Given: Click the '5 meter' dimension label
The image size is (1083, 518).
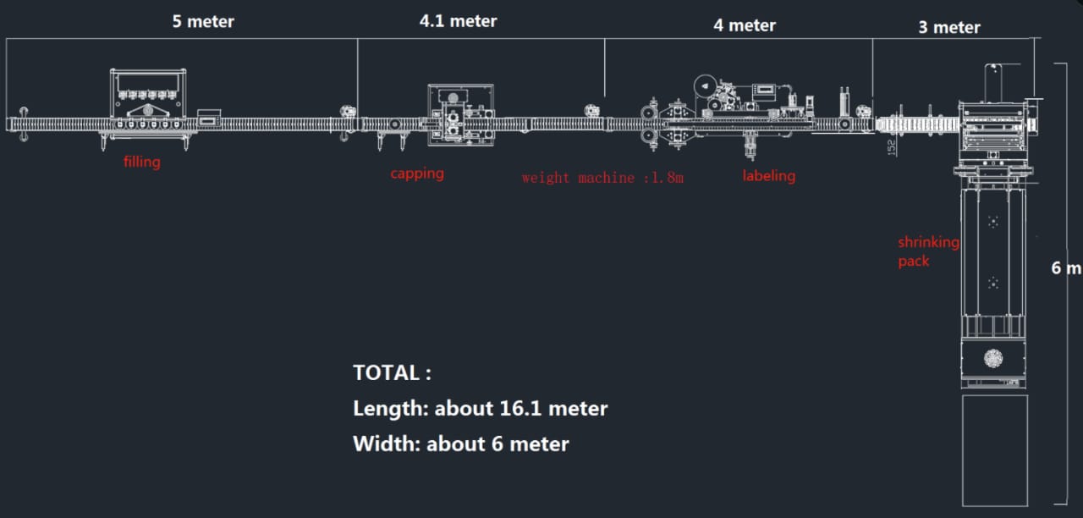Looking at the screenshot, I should pos(203,21).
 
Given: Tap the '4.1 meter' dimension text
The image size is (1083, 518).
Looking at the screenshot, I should pos(458,21).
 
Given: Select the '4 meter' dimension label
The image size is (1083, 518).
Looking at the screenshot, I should pos(745,25).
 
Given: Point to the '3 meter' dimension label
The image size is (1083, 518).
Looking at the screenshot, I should pos(949,27).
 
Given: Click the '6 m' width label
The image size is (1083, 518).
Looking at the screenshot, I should pos(1065,268).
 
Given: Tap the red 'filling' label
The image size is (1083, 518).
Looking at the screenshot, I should pos(141,161).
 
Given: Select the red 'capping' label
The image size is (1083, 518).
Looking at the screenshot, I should pos(416,174).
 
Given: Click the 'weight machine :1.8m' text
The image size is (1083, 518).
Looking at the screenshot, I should pos(602,178).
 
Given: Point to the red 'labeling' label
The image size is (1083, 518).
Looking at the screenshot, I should pos(768,175).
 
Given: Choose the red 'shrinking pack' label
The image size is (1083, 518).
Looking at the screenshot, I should pos(928,251).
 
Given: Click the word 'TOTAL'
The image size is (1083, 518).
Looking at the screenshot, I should pos(388,372).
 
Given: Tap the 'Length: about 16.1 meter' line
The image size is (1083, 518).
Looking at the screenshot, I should pos(480,409).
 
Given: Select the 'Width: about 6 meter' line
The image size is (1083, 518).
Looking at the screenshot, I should pos(460,444).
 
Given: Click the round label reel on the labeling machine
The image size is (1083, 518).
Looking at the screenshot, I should pos(705,85).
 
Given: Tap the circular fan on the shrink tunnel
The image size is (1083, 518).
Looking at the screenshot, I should pos(993,358).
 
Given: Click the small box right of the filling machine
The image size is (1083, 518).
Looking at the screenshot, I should pos(208,118).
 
